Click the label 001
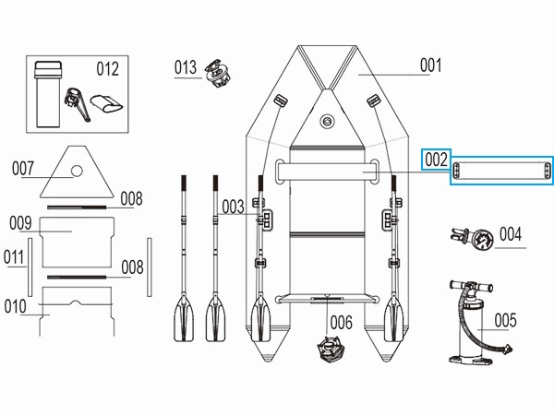(x=430, y=66)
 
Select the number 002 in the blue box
(x=436, y=160)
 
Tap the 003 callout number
(x=233, y=207)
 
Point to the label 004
(x=511, y=234)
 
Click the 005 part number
(x=506, y=321)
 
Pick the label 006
(x=341, y=322)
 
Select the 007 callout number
(x=24, y=169)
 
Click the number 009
(x=21, y=222)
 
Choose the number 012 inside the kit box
(x=108, y=68)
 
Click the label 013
(x=186, y=67)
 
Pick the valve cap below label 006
(x=331, y=352)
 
